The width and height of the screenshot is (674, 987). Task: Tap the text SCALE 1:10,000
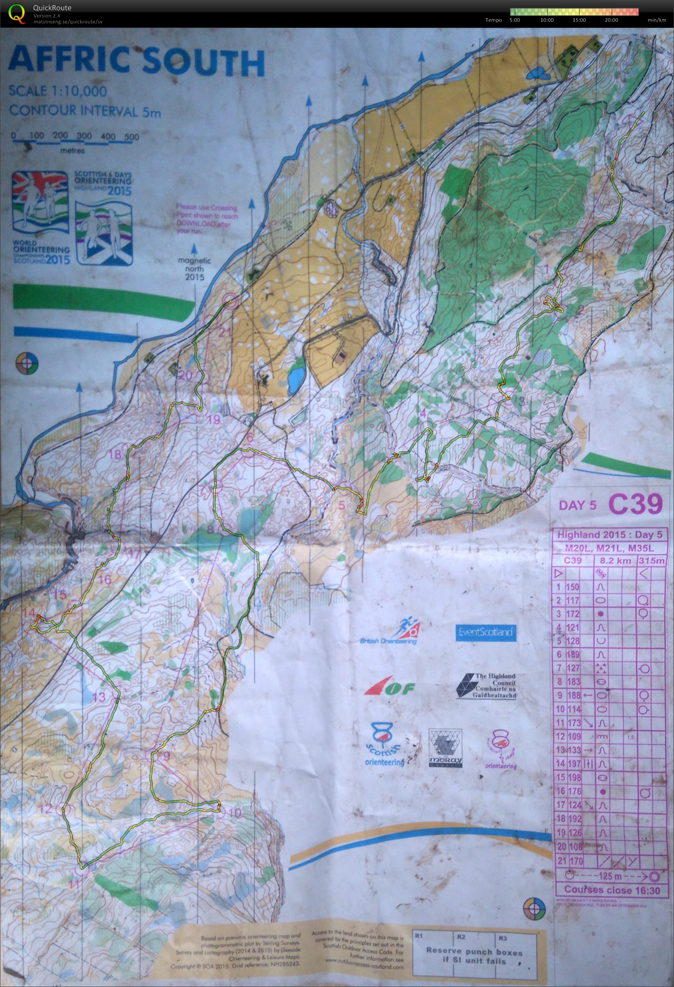coord(58,91)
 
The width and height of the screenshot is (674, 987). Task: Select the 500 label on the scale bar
coord(132,137)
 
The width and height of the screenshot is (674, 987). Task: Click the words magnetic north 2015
coord(194,269)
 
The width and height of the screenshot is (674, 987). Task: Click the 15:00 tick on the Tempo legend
coord(579,20)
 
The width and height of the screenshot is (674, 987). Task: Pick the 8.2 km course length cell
coord(615,560)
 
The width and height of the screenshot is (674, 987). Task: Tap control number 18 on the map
coord(115,455)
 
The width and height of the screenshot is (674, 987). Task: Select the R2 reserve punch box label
coord(461,937)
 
